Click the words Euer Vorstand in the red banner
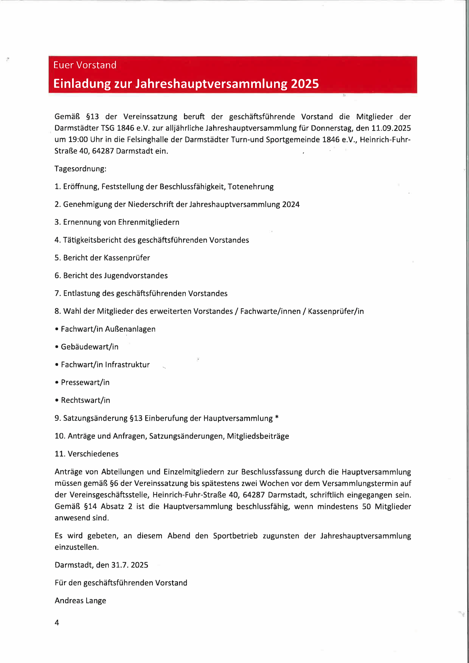tap(85, 65)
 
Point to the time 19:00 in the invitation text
tap(78, 140)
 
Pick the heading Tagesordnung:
tap(80, 169)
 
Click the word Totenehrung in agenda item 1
tap(250, 187)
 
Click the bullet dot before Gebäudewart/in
tap(57, 347)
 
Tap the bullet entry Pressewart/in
tap(85, 383)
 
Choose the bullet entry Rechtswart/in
tap(85, 400)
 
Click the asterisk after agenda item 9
tap(277, 418)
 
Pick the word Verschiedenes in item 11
tap(93, 454)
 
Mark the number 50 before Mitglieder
tap(366, 507)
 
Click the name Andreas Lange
tap(80, 601)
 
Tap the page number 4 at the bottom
tap(57, 623)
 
